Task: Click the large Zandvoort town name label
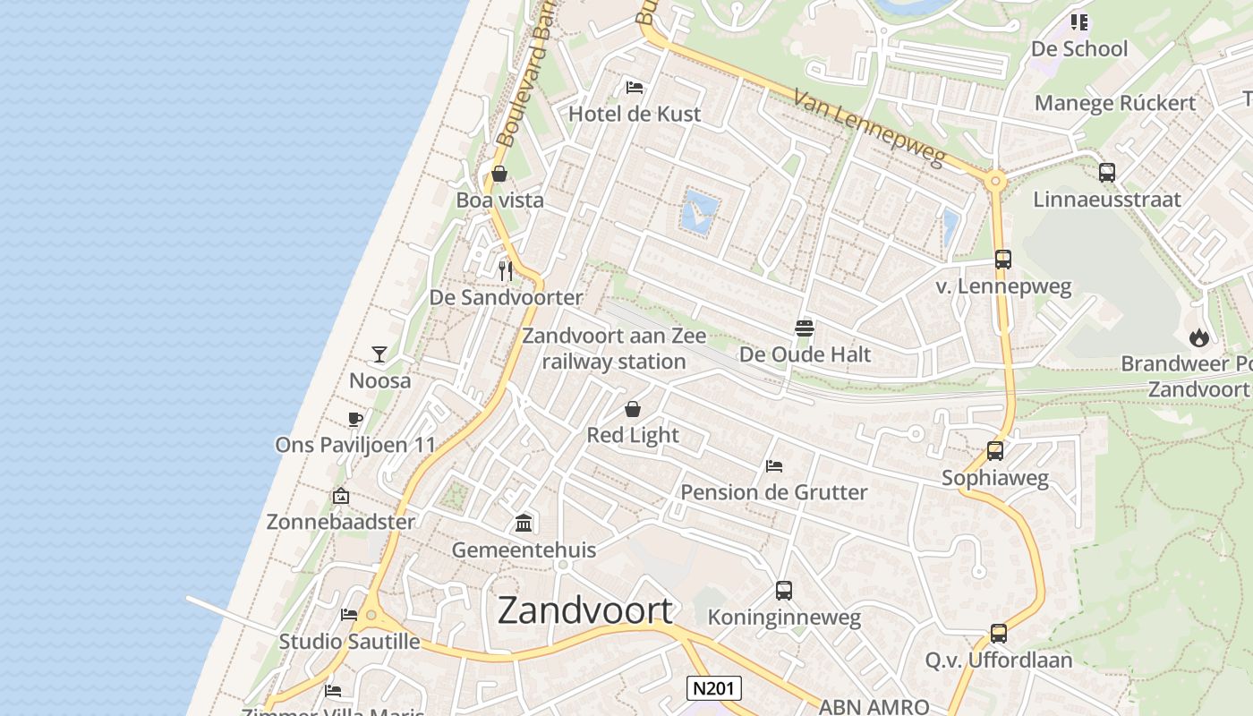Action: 584,610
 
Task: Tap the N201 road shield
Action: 714,687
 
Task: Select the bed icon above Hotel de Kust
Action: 635,88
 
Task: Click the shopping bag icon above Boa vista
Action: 499,174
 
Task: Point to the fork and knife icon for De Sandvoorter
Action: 506,269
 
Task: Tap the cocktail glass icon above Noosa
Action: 379,354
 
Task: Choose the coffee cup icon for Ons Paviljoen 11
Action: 355,419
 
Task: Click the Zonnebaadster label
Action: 341,522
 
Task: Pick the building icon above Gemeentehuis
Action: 524,523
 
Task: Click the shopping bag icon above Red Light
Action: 633,409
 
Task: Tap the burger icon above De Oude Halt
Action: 805,328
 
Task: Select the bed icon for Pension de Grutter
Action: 774,466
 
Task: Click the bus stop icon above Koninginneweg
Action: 784,591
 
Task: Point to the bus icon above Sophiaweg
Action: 995,451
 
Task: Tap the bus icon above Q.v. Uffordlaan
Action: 999,634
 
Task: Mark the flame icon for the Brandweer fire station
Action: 1199,337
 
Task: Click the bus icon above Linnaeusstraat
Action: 1107,173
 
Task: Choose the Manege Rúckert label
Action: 1115,103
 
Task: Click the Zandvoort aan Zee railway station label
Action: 614,349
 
